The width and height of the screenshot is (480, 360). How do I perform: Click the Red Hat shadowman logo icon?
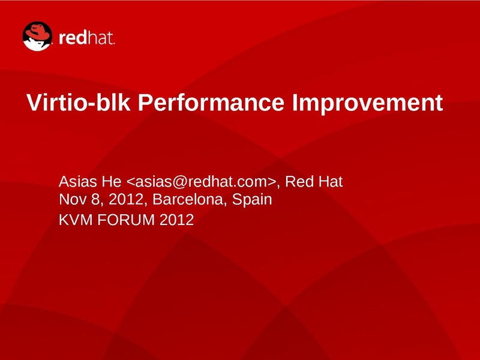click(37, 36)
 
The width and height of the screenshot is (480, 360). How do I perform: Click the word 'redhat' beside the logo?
click(86, 38)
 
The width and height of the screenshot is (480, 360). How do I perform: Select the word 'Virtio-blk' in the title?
click(79, 102)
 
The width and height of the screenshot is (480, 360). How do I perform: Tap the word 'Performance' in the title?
click(211, 102)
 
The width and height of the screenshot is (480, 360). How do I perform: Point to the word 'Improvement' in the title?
click(368, 103)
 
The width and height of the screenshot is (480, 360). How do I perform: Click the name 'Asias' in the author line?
click(78, 182)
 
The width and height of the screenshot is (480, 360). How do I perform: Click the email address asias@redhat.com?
click(201, 182)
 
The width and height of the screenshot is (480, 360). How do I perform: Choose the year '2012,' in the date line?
click(128, 200)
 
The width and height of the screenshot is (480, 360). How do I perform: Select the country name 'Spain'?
click(252, 200)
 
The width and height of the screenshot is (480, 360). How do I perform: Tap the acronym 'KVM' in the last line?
click(76, 220)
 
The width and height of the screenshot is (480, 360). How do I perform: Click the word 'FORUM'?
click(126, 220)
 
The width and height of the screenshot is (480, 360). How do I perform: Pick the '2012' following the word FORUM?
click(176, 220)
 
